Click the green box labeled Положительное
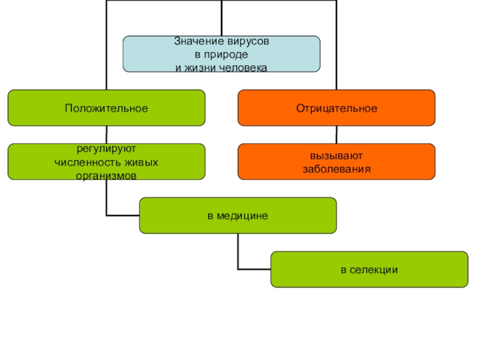coord(106,108)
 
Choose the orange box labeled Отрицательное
coord(337,108)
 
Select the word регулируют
coord(106,148)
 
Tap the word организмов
coord(106,176)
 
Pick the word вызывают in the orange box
coord(337,156)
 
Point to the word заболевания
coord(337,169)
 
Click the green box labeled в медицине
coord(238,215)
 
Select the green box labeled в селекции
coord(369,269)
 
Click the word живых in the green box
coord(145,162)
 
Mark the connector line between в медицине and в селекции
coord(239,252)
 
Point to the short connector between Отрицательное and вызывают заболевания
coord(337,134)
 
